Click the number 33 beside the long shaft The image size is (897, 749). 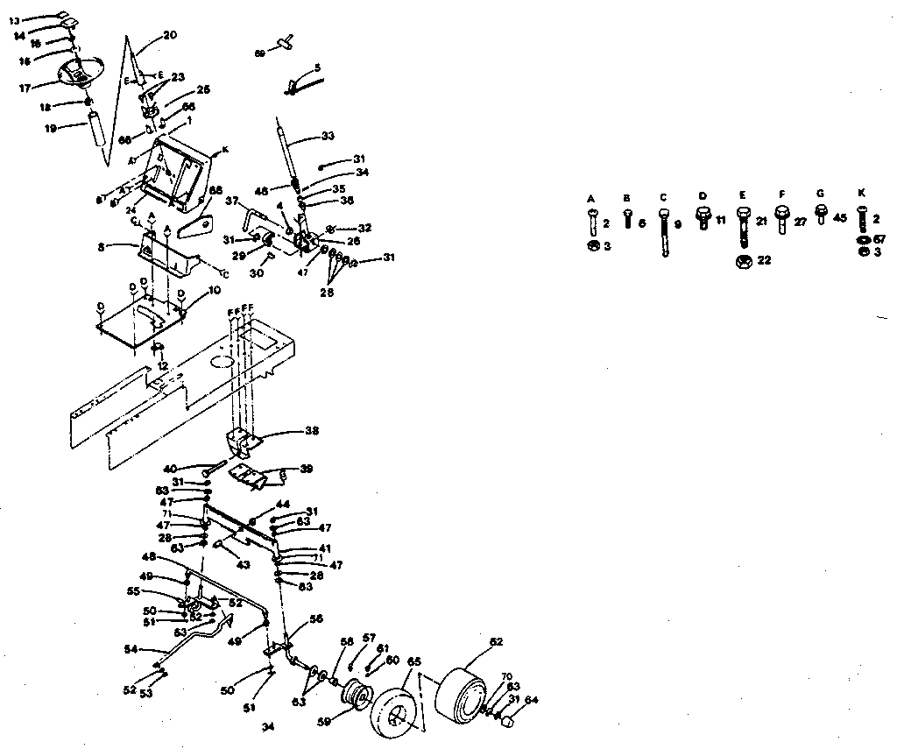click(328, 136)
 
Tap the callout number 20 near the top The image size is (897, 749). click(170, 36)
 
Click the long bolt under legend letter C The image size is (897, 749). click(664, 232)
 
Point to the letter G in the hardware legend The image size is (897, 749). click(820, 194)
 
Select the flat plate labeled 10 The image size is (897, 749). click(140, 324)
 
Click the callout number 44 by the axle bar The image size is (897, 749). click(282, 505)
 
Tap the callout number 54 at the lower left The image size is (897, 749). click(130, 649)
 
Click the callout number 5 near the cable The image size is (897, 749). click(317, 67)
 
